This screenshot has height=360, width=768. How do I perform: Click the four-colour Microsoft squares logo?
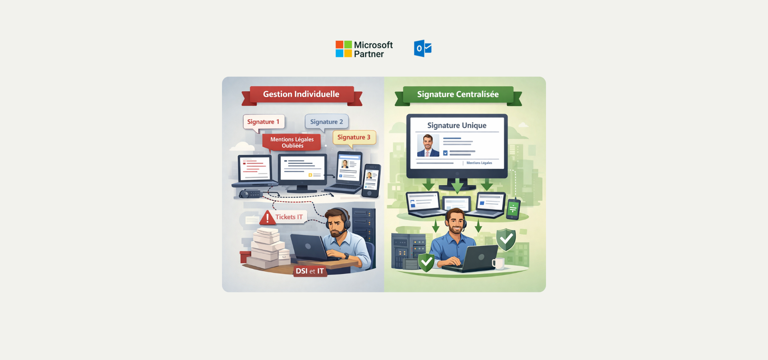click(x=344, y=49)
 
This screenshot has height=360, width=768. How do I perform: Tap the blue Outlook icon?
click(x=422, y=48)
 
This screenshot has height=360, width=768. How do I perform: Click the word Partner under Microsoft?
click(x=369, y=54)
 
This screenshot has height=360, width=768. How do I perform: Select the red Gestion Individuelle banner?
click(x=301, y=94)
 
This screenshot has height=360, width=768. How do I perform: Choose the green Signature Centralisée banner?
click(x=458, y=94)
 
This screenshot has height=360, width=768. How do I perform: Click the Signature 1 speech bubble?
click(x=263, y=122)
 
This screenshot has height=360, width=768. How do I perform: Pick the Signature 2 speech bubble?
click(x=326, y=122)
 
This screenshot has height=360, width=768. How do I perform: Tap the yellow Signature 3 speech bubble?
click(x=354, y=137)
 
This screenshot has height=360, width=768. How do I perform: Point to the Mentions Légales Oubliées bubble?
click(x=292, y=142)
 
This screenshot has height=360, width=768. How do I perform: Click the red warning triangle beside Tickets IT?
click(x=267, y=218)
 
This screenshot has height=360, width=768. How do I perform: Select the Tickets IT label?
click(x=289, y=217)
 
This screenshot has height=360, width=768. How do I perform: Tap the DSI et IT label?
click(x=310, y=271)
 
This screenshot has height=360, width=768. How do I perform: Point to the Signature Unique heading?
click(x=457, y=126)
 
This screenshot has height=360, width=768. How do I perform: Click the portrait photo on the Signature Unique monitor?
click(x=428, y=145)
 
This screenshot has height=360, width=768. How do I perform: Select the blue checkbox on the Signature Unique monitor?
click(x=445, y=153)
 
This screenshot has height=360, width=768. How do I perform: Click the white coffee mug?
click(x=498, y=263)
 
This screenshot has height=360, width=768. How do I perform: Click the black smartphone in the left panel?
click(x=371, y=181)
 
